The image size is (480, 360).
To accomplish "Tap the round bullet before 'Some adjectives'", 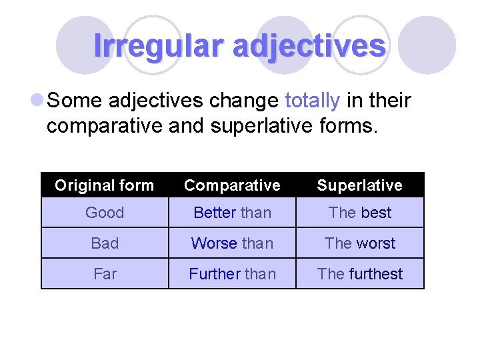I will (x=37, y=101).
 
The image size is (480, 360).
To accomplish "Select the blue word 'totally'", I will (x=312, y=101).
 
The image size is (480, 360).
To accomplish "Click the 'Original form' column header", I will (x=105, y=185).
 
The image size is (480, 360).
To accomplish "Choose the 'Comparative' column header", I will (x=232, y=185).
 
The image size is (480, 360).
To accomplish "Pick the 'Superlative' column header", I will (x=359, y=185).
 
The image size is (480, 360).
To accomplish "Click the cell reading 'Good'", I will (x=105, y=213).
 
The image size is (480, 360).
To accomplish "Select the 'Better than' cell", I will (x=232, y=213).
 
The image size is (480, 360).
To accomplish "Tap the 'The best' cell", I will (x=359, y=213).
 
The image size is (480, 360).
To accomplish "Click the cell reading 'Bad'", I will (x=105, y=243).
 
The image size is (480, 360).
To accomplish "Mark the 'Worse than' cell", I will (x=232, y=243).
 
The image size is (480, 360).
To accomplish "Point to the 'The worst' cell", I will (x=359, y=243).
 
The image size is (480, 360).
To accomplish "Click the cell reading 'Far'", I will (x=105, y=274).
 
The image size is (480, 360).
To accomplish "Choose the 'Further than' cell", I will (x=232, y=274).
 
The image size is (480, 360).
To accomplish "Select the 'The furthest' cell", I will (x=359, y=274).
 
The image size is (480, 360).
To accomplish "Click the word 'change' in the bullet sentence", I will (x=244, y=101).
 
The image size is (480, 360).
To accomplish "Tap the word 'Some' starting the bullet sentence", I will (x=74, y=101).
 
